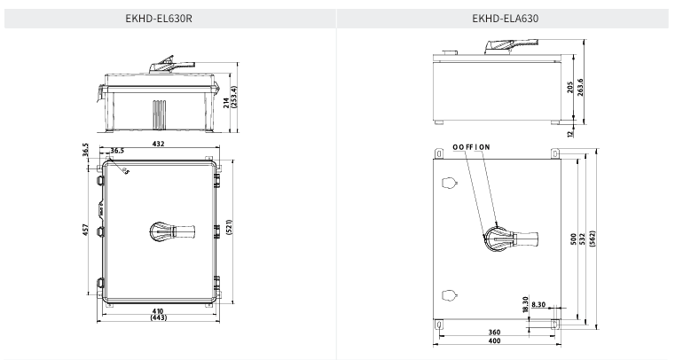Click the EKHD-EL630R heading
coord(159,19)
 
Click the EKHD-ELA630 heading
coord(505,19)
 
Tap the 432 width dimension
coord(159,144)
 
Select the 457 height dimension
coord(85,230)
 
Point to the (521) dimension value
coord(229,228)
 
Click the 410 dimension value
coord(159,311)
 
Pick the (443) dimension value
coord(159,317)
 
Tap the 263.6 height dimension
coord(580,87)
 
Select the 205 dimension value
coord(570,87)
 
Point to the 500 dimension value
coord(573,239)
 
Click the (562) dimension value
coord(592,239)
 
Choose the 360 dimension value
coord(495,332)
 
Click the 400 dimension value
coord(495,340)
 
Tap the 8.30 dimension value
coord(538,304)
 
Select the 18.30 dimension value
coord(525,304)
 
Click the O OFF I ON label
coord(471,147)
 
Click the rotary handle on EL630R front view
coord(172,231)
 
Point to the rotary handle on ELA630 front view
coord(511,238)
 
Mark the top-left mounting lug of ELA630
coord(439,153)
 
